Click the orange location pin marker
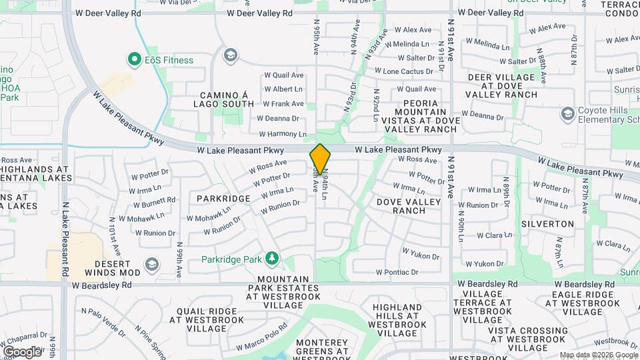[x=320, y=159]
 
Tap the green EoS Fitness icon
[x=133, y=60]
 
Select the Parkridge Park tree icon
[x=271, y=258]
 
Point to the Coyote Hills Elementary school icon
[x=567, y=113]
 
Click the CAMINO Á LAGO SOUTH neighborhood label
[x=224, y=99]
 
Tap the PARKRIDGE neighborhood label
[x=223, y=199]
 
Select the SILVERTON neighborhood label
[x=547, y=224]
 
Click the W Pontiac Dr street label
[x=397, y=272]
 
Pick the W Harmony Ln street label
[x=284, y=134]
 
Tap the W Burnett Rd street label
[x=153, y=201]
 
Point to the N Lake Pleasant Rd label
[x=65, y=240]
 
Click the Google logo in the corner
[x=21, y=352]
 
